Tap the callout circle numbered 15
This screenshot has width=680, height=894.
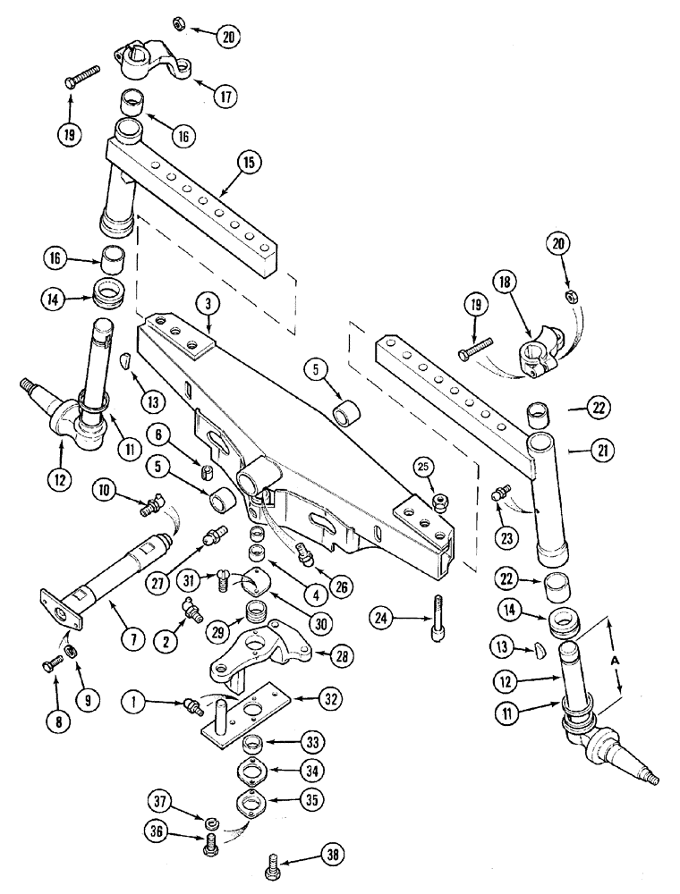click(x=250, y=162)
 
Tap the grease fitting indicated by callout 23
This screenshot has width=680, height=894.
click(x=500, y=493)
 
